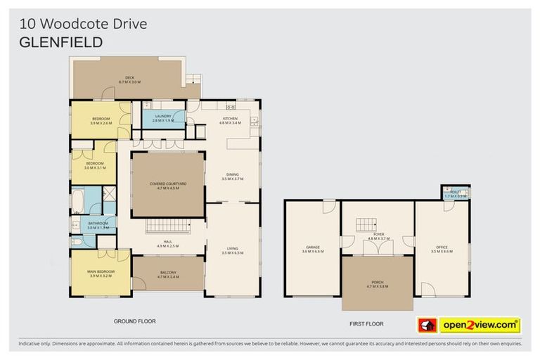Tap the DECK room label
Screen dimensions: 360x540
[x=129, y=79]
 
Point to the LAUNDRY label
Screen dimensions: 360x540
[x=163, y=118]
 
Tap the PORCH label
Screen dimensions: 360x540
[x=377, y=285]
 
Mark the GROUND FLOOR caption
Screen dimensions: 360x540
[x=134, y=321]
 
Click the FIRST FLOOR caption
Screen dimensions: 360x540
[x=366, y=325]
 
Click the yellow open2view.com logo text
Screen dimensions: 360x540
[x=479, y=326]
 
